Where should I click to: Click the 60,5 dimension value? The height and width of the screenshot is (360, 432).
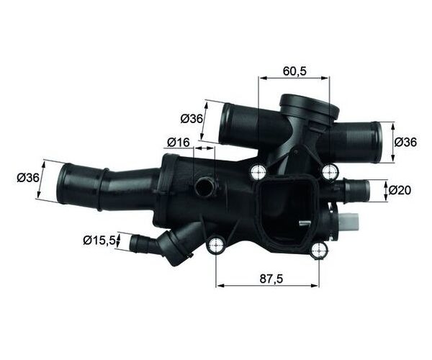(294, 71)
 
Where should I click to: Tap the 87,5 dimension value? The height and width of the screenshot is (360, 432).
(271, 279)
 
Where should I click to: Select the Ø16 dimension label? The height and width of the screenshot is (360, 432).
(179, 143)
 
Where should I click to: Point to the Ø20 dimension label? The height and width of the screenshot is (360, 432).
(400, 190)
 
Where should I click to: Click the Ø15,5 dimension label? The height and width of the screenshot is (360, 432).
(99, 240)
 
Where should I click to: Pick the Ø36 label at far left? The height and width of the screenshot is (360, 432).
(28, 178)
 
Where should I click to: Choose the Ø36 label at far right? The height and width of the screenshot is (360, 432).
(405, 142)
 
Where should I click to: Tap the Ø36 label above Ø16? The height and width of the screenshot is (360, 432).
(192, 119)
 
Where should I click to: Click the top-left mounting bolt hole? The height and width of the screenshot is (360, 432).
(258, 172)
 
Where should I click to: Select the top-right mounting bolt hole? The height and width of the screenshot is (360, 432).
(330, 172)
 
